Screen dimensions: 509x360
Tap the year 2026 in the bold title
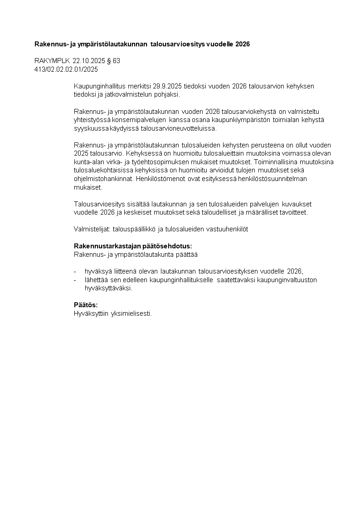[x=241, y=44]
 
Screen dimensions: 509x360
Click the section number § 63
[x=113, y=61]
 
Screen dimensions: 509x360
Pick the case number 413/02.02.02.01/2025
[x=66, y=69]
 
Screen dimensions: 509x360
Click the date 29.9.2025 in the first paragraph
[x=167, y=86]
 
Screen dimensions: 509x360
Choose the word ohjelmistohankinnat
[x=103, y=179]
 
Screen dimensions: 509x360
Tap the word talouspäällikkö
[x=136, y=230]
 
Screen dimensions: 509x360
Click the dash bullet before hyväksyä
[x=75, y=271]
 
